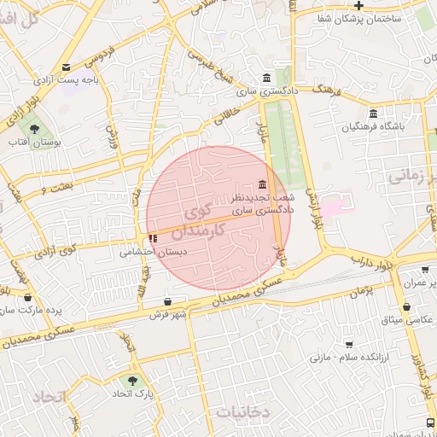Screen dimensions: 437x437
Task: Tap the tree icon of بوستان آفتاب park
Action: pos(34,130)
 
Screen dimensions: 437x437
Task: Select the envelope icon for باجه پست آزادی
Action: pos(67,67)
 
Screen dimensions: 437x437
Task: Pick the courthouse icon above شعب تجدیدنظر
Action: pos(261,185)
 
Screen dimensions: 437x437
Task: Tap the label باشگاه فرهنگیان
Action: pos(374,126)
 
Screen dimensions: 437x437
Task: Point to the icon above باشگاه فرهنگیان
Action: pos(373,114)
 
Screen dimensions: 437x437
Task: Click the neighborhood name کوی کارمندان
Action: pos(197,220)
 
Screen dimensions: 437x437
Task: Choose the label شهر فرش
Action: pos(167,315)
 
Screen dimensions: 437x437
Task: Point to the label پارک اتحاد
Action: pos(131,395)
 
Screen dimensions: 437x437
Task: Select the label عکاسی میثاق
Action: pos(406,319)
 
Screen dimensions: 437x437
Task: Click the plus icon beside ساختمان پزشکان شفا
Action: pos(359,6)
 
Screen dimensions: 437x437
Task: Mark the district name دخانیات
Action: pos(242,411)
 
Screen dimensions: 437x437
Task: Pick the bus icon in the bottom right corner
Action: pos(428,422)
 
